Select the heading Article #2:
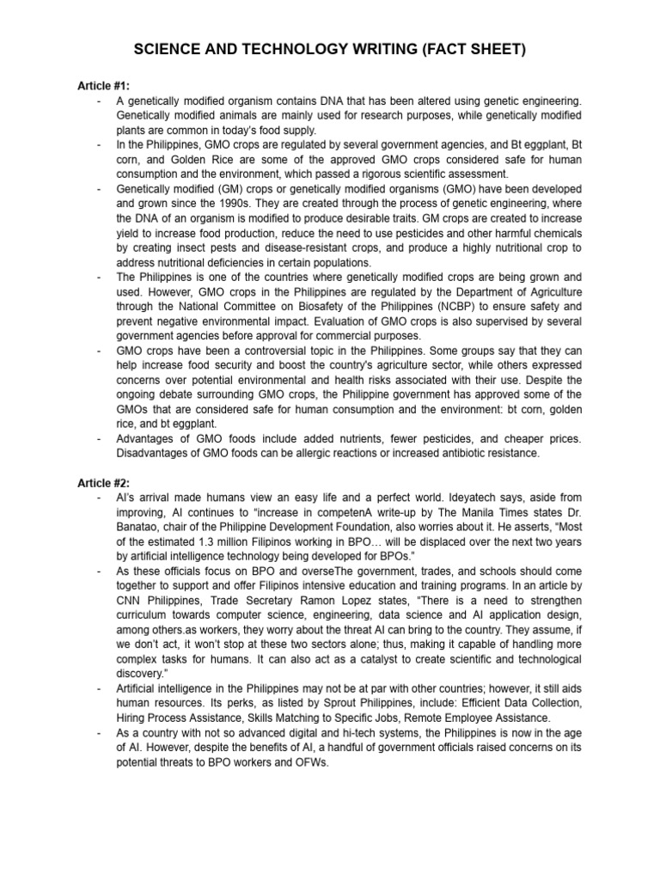tap(101, 483)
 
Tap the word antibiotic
tap(472, 453)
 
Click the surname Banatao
tap(141, 528)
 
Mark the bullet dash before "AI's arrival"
tap(101, 498)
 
